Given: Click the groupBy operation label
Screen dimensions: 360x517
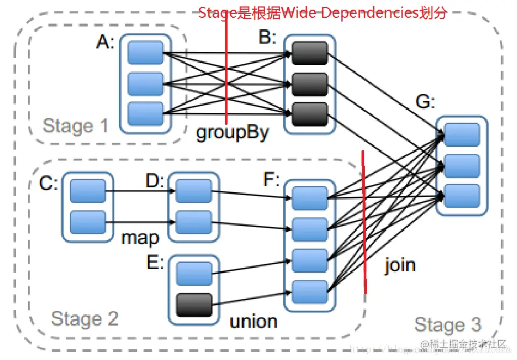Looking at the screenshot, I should coord(232,132).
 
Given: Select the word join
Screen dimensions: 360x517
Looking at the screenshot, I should coord(400,265).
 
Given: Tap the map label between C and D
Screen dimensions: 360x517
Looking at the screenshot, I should coord(139,237).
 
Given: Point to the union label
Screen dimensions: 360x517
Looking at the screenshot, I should coord(253,321).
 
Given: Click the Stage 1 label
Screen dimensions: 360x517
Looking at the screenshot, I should coord(75,126).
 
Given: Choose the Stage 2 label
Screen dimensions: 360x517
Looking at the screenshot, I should coord(84,319).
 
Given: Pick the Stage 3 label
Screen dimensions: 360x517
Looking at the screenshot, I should coord(448,324).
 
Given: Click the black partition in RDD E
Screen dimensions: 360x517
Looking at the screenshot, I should coord(194,305).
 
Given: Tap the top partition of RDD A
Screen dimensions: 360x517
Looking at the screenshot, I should coord(145,53).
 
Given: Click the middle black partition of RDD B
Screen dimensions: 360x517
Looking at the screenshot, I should coord(310,84).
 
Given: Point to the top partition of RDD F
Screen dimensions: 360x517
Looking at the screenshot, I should coord(309,199).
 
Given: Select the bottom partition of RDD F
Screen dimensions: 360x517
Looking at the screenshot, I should coord(309,292).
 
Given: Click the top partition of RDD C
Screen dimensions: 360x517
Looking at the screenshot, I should coord(88,191).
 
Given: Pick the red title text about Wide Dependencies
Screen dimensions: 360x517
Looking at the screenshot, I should coord(322,13).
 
